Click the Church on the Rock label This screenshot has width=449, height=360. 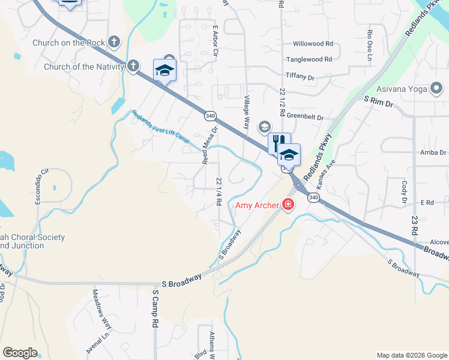[70, 43]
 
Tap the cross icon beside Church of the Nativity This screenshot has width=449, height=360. [133, 66]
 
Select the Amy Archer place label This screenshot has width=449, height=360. [256, 205]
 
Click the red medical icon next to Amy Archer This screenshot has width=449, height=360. [288, 205]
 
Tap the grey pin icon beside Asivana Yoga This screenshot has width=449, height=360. [436, 89]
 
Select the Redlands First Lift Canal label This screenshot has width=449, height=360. [160, 128]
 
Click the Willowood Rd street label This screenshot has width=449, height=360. [313, 44]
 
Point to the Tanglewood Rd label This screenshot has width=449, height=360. [309, 59]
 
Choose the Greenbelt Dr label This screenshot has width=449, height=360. [305, 118]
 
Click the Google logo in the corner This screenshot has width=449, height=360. [20, 353]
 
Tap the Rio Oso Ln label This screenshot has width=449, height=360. [370, 40]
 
